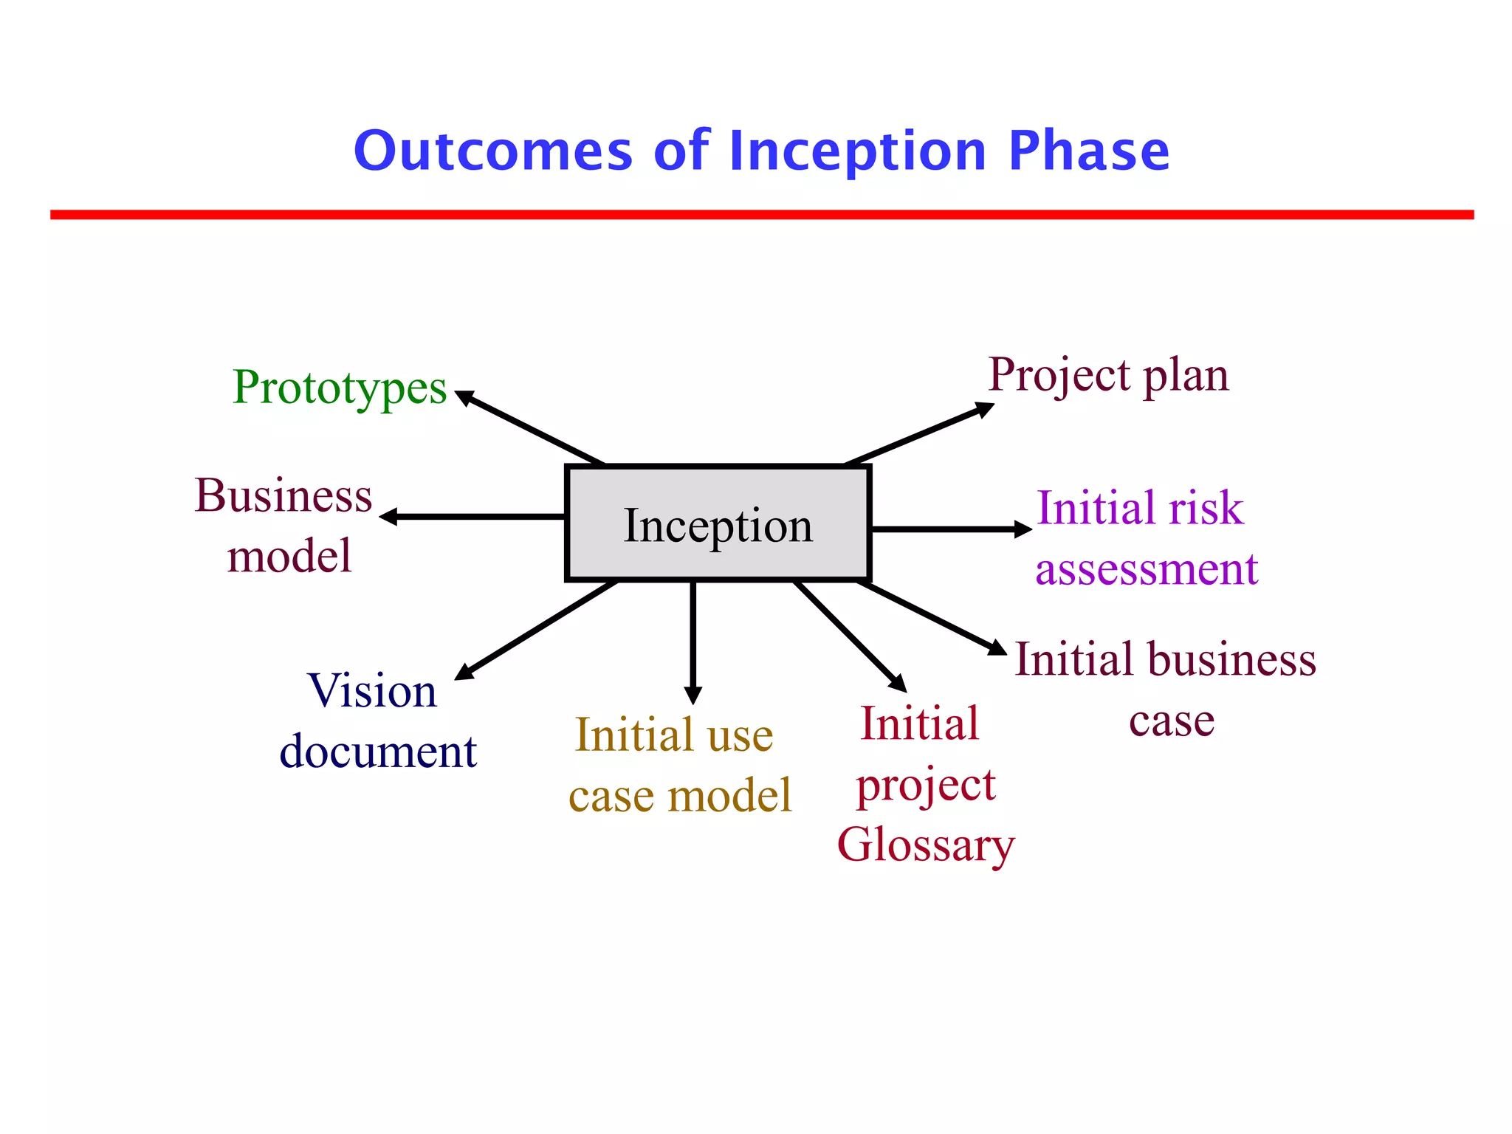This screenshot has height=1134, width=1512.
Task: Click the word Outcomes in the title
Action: pyautogui.click(x=492, y=151)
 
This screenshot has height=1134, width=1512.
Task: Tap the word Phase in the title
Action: pyautogui.click(x=1088, y=151)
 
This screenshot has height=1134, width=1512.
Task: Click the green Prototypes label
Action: pyautogui.click(x=340, y=388)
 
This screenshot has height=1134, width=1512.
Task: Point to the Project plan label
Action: pyautogui.click(x=1108, y=376)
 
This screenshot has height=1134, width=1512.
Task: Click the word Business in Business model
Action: pyautogui.click(x=283, y=495)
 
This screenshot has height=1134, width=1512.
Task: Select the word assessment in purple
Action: pyautogui.click(x=1146, y=569)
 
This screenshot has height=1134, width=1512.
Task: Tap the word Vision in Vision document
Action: pyautogui.click(x=372, y=691)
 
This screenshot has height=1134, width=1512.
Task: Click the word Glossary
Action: pyautogui.click(x=926, y=845)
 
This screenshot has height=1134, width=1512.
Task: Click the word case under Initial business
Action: pyautogui.click(x=1172, y=721)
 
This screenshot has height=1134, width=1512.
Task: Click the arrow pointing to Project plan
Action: pyautogui.click(x=919, y=434)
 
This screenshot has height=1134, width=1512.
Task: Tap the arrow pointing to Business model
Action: pyautogui.click(x=472, y=517)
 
